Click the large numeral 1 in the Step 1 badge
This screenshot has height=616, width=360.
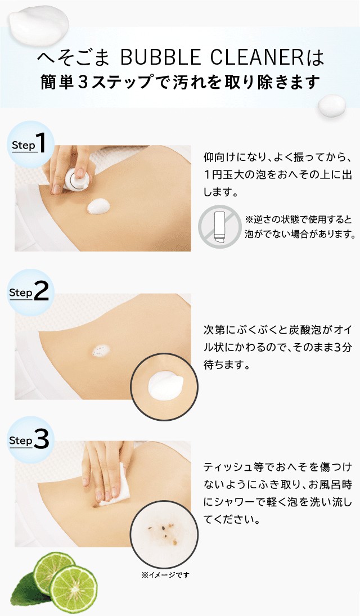pyautogui.click(x=40, y=142)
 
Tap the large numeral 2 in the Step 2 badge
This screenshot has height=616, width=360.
pyautogui.click(x=41, y=291)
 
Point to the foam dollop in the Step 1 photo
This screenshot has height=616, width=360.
pyautogui.click(x=98, y=206)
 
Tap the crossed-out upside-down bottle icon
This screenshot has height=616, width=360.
pyautogui.click(x=219, y=227)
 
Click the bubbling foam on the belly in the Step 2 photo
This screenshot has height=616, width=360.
pyautogui.click(x=101, y=350)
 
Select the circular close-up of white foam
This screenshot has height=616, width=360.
pyautogui.click(x=164, y=386)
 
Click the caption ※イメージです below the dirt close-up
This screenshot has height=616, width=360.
pyautogui.click(x=165, y=575)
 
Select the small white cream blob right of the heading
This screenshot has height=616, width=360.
pyautogui.click(x=331, y=106)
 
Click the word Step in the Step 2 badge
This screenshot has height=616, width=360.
pyautogui.click(x=20, y=293)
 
